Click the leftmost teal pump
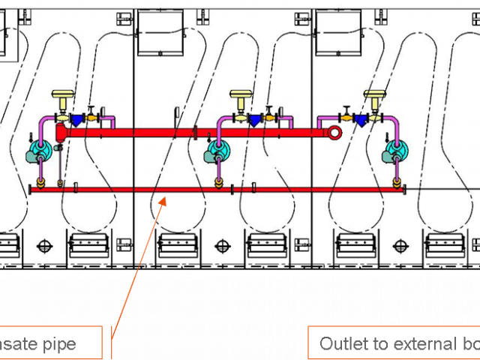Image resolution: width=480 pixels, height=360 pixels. click(37, 154)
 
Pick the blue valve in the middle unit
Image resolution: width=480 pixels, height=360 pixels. click(254, 118)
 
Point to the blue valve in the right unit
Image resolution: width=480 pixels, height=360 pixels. click(361, 118)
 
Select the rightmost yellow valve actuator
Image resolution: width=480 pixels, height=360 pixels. click(373, 97)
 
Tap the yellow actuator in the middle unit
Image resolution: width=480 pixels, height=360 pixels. click(241, 97)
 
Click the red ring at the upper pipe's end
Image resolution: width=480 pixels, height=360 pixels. click(335, 133)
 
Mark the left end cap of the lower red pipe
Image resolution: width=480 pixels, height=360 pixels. click(30, 190)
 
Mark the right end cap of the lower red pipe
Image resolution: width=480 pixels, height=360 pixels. click(405, 190)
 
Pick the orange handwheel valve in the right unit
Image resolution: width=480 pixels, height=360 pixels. click(347, 116)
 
